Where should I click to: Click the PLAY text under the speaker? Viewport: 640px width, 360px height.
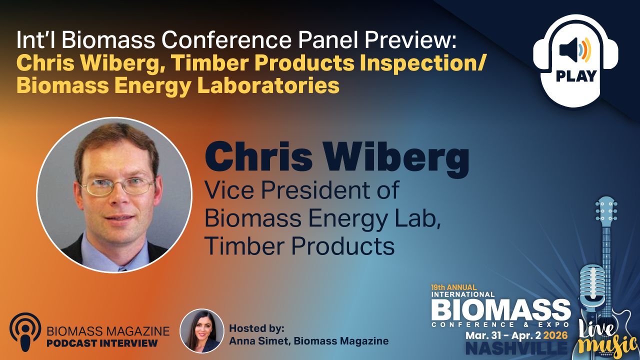coord(576,76)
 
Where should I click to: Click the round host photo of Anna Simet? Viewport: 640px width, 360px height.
coord(201,331)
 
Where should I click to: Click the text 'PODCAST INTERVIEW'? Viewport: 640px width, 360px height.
coord(102,343)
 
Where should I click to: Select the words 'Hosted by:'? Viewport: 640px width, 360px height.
coord(256,329)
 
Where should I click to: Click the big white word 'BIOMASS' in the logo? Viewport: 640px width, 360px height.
coord(500,311)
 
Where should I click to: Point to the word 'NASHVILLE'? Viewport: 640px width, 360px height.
coord(516,348)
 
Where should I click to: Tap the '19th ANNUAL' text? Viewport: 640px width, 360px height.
coord(454,287)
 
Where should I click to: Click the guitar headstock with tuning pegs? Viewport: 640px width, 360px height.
coord(606,212)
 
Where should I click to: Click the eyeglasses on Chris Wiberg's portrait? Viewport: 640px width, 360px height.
coord(118,186)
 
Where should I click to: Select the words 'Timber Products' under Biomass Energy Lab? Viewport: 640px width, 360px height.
coord(299,245)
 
